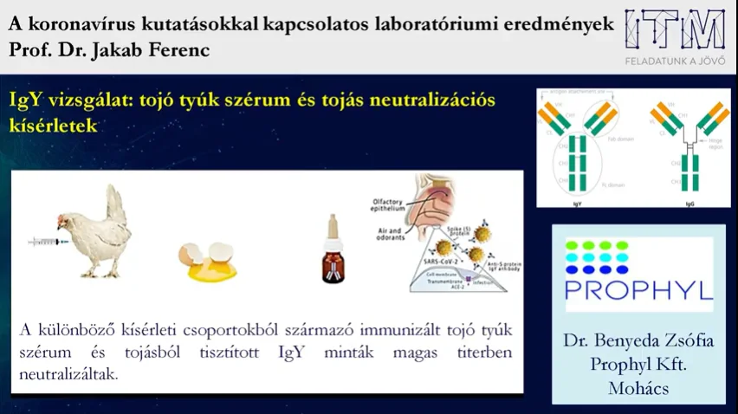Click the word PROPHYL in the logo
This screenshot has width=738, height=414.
pyautogui.click(x=639, y=290)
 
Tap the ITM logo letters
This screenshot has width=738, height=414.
pyautogui.click(x=676, y=31)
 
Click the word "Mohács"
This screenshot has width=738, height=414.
pyautogui.click(x=638, y=389)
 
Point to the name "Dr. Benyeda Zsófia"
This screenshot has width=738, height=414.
pyautogui.click(x=638, y=340)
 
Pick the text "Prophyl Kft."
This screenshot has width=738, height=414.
pyautogui.click(x=638, y=365)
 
